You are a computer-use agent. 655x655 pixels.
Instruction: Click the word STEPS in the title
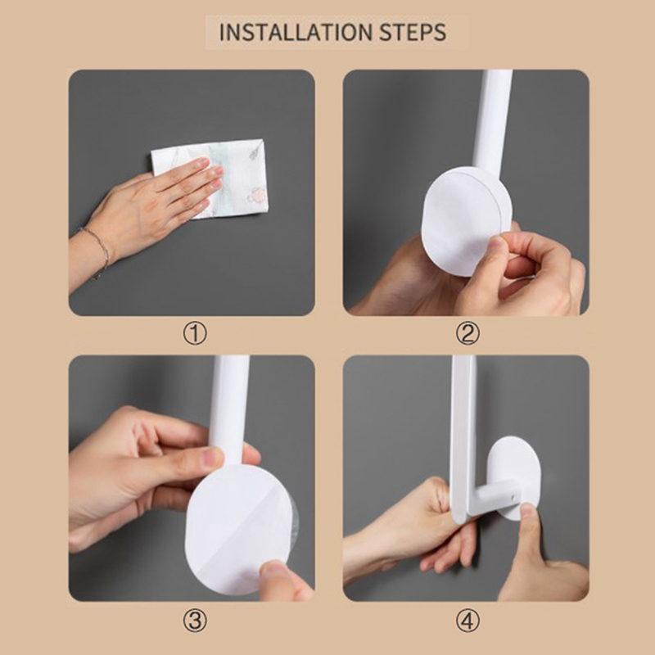point(413,33)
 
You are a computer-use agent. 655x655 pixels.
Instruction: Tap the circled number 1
point(195,333)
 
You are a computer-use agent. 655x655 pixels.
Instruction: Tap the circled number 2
point(468,333)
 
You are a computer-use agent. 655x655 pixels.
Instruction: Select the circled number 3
point(195,621)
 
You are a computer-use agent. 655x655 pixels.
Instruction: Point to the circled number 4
point(468,621)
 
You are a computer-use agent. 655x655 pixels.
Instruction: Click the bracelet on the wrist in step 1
point(98,251)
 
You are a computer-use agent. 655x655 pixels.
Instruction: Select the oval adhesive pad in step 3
point(239,528)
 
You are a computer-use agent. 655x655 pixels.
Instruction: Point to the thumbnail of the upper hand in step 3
point(211,458)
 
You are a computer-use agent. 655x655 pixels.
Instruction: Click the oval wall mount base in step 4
point(515,477)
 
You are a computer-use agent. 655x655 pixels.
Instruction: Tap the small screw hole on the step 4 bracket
point(513,498)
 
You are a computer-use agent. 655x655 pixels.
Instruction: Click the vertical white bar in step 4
point(463,439)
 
